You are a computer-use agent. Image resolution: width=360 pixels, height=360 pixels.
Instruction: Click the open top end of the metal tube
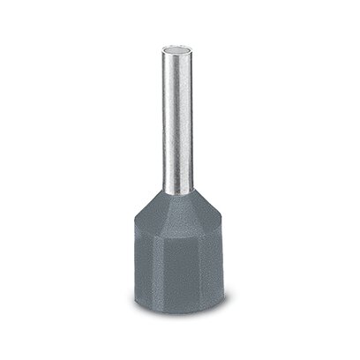(180, 41)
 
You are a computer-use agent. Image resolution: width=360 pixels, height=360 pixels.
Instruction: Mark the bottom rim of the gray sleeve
(180, 318)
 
